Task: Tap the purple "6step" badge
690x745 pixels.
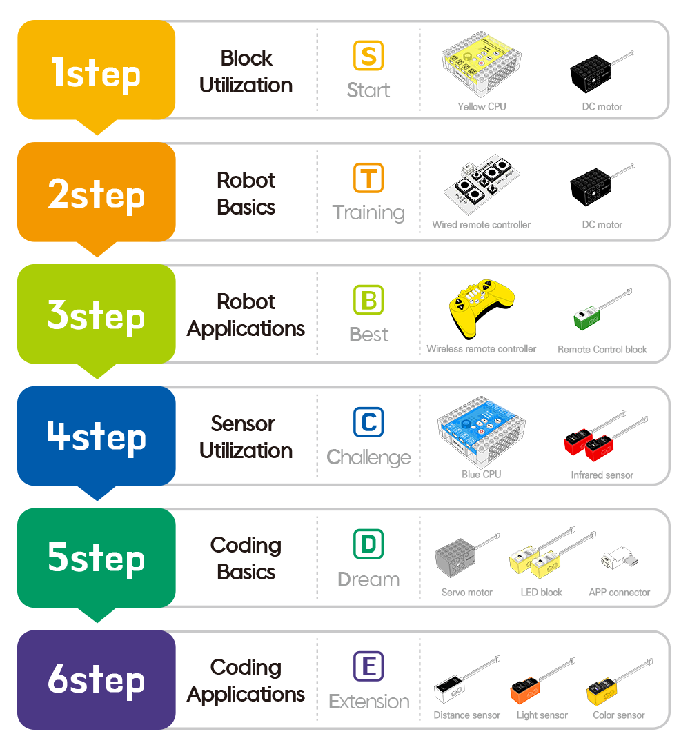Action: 96,679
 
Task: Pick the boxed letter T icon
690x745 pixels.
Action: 368,179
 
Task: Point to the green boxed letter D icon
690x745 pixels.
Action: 368,544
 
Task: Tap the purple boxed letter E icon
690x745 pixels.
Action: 368,666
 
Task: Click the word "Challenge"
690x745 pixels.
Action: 368,457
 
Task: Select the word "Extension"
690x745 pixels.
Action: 369,702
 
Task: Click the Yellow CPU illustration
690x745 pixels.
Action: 481,66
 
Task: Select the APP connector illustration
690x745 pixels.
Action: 618,559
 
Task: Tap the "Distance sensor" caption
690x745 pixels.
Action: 466,715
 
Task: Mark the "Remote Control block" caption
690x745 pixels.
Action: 602,350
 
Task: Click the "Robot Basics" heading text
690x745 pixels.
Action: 246,193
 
